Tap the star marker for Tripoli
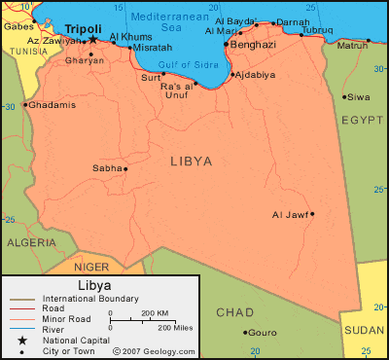click(x=93, y=40)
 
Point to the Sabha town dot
click(x=125, y=168)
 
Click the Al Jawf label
click(x=291, y=214)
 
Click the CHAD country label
click(x=234, y=311)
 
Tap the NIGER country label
click(x=91, y=266)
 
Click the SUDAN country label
click(x=365, y=330)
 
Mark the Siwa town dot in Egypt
click(x=344, y=95)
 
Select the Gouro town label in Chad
click(x=263, y=332)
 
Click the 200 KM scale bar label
click(x=156, y=313)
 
